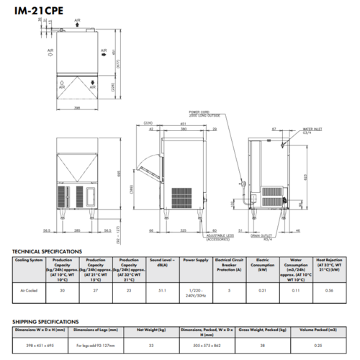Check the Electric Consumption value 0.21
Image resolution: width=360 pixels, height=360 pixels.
(264, 290)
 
